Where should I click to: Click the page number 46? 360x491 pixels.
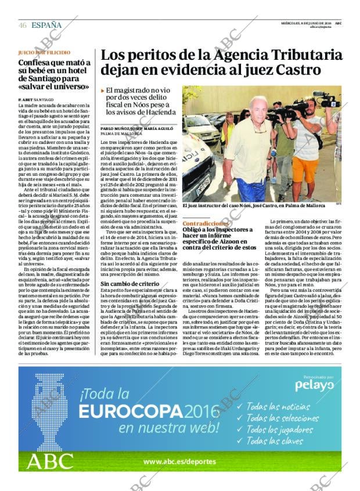coord(22,25)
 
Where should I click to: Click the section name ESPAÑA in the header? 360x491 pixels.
coord(47,25)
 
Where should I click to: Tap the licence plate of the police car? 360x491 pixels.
coord(203,187)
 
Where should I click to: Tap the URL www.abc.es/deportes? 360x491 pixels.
coord(179,462)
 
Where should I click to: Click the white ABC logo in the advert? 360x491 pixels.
coord(49,462)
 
